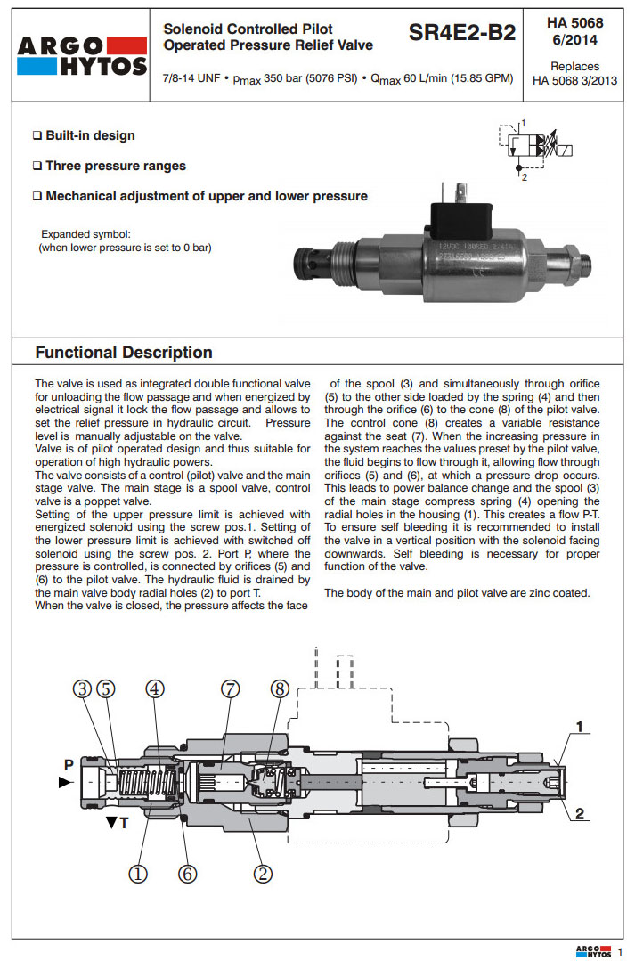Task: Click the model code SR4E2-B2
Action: click(461, 34)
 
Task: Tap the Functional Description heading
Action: click(124, 353)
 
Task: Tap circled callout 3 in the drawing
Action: click(82, 688)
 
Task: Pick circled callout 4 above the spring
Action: click(154, 688)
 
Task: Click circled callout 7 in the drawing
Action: click(230, 688)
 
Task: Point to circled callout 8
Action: click(280, 688)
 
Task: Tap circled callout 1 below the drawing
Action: click(138, 874)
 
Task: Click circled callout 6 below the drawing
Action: click(187, 874)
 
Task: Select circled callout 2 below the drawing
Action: click(263, 874)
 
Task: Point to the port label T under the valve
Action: click(123, 823)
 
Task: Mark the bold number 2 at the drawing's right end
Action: click(579, 812)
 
